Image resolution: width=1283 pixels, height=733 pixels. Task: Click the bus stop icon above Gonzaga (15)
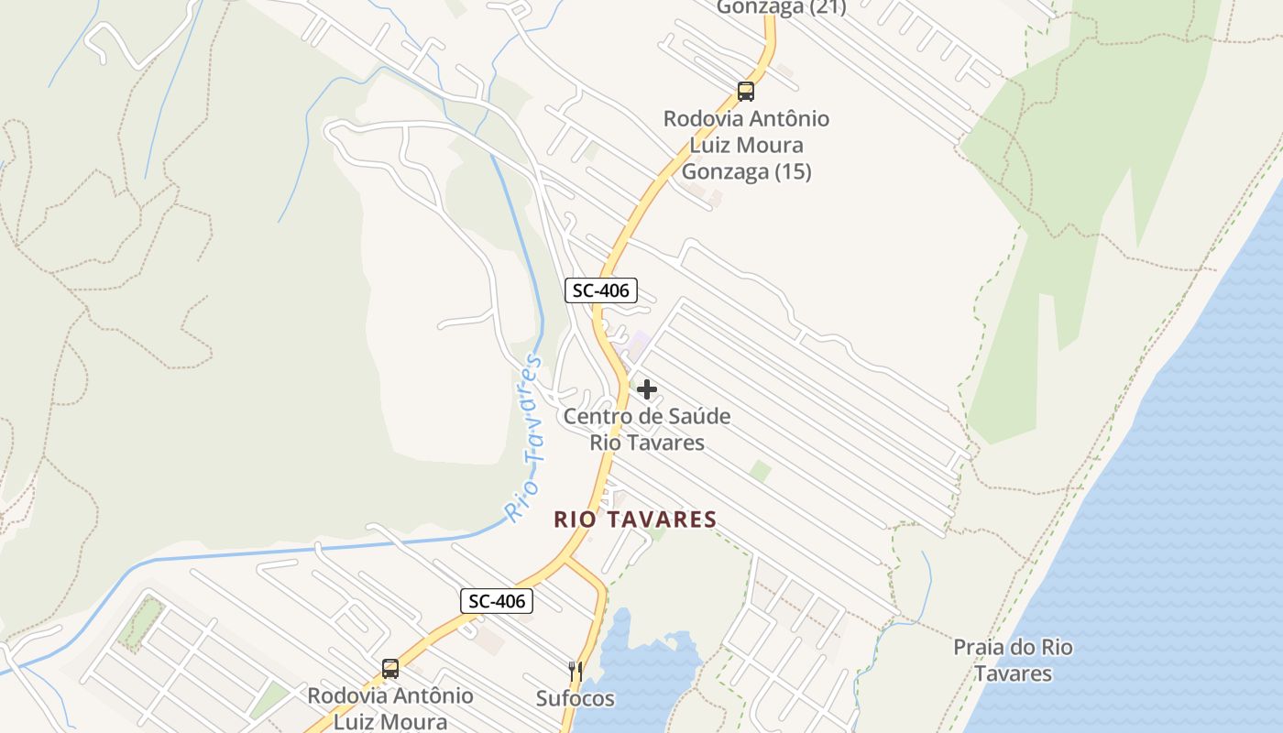[x=746, y=92]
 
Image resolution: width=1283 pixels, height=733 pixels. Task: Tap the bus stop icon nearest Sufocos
[x=390, y=668]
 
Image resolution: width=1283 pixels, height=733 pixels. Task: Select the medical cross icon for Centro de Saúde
[x=647, y=389]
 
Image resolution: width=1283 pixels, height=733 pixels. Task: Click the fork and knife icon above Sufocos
[x=576, y=671]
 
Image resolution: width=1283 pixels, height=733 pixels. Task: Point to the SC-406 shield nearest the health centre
[x=600, y=290]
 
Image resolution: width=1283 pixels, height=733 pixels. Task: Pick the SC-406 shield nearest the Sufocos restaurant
[x=496, y=601]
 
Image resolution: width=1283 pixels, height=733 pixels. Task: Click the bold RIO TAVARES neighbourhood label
[x=635, y=520]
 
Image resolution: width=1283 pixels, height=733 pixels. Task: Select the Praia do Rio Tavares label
[x=1013, y=660]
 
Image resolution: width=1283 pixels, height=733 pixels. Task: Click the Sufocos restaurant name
[x=576, y=698]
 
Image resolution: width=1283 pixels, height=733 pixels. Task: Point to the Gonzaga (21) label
[x=781, y=7]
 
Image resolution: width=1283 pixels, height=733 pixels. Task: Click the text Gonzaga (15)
[x=747, y=171]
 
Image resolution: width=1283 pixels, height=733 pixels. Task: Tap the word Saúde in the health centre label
[x=698, y=416]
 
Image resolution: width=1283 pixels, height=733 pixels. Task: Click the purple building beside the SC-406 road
[x=639, y=345]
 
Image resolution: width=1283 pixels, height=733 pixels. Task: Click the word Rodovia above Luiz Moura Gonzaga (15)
[x=703, y=119]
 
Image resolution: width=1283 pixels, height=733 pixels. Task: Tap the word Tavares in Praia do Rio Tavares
[x=1013, y=673]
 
